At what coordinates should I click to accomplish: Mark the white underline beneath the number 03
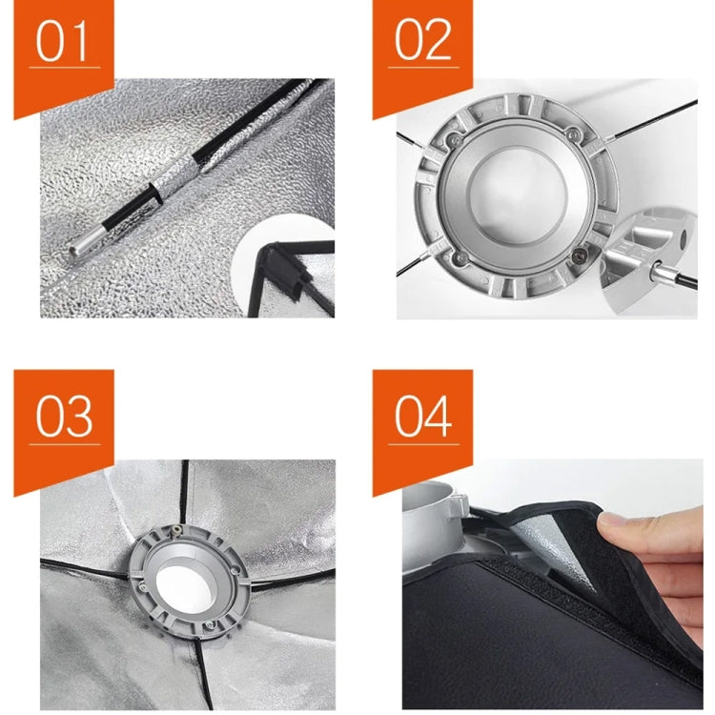(x=64, y=443)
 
